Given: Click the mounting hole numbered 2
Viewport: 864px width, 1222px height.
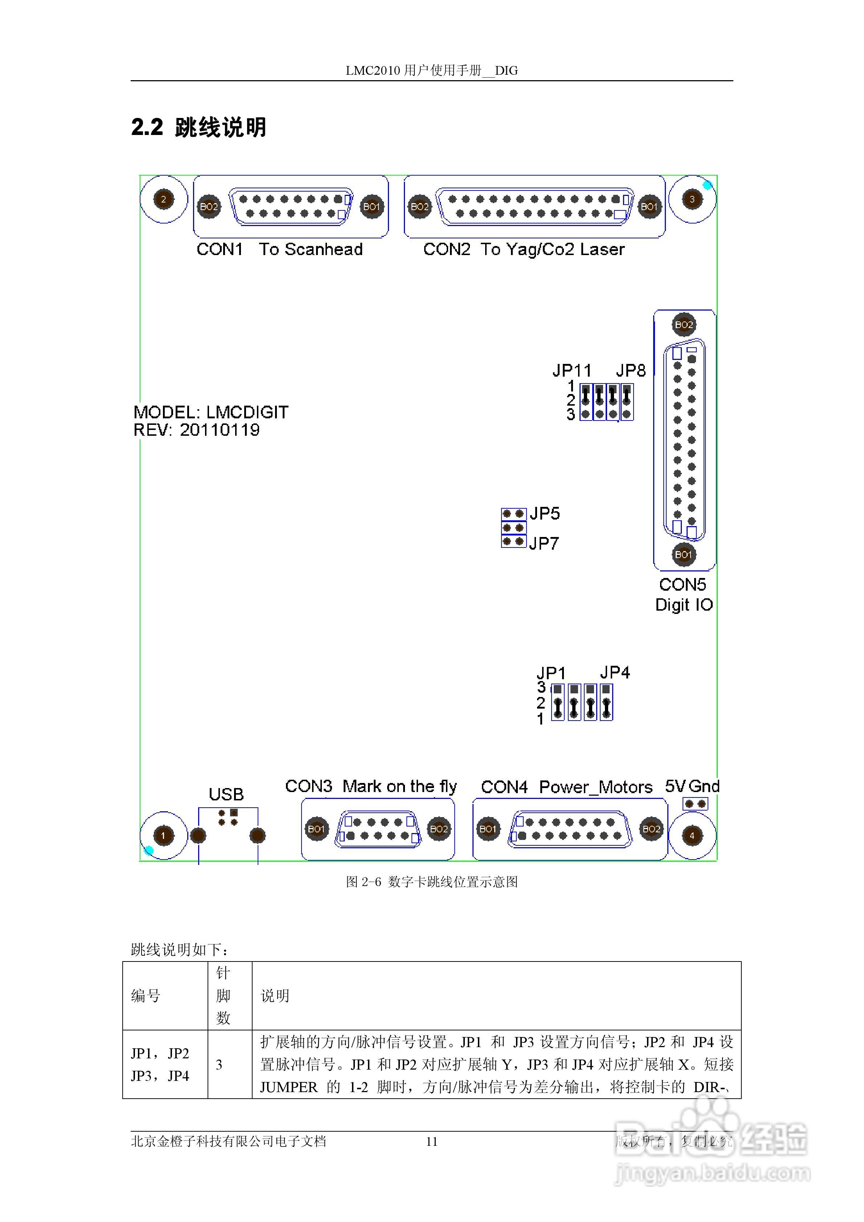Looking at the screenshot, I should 163,199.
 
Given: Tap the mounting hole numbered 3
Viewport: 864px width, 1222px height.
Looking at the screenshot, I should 692,199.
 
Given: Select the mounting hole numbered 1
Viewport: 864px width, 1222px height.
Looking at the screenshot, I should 163,835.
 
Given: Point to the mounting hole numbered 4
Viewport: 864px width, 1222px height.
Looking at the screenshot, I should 692,835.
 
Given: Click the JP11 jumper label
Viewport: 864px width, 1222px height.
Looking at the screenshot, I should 571,370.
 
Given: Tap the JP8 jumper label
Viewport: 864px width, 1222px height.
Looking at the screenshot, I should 630,370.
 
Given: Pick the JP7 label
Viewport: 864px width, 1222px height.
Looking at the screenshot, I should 544,543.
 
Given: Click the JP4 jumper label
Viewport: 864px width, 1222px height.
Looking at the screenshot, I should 614,672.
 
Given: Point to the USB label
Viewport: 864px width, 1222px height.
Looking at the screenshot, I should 226,794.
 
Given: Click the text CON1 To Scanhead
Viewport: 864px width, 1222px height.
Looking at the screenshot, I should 279,249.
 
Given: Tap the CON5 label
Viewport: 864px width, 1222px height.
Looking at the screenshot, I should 683,585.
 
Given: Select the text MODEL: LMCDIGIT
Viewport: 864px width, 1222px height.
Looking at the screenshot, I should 211,412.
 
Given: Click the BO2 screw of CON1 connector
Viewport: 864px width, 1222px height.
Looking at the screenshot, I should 209,206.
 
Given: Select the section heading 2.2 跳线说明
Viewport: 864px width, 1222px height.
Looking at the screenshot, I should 198,127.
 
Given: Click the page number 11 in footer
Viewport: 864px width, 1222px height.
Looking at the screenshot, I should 432,1141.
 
